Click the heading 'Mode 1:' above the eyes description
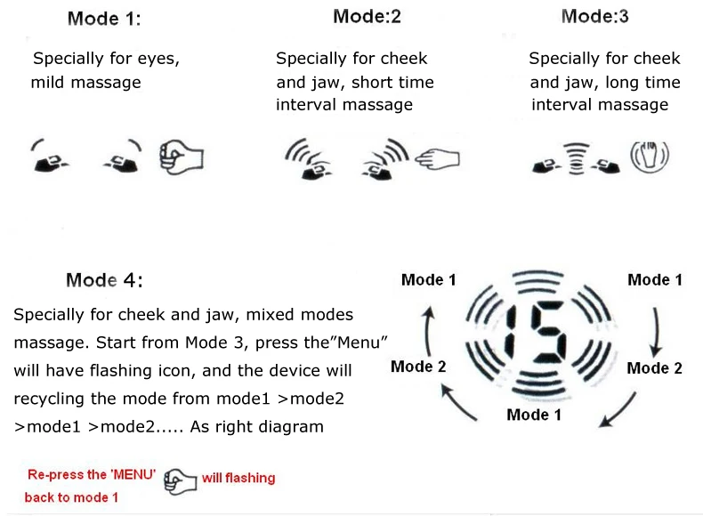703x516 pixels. click(x=104, y=18)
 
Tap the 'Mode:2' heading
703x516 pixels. click(x=368, y=16)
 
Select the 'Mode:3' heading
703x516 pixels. click(x=596, y=16)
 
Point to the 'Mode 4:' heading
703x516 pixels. click(x=104, y=280)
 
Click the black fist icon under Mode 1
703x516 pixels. click(x=181, y=157)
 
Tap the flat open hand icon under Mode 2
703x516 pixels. click(x=440, y=158)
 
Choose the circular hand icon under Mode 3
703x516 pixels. click(x=649, y=157)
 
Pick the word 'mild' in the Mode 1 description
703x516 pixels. click(x=50, y=83)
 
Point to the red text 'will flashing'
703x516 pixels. click(x=238, y=479)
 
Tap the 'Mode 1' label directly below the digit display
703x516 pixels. click(x=534, y=415)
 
